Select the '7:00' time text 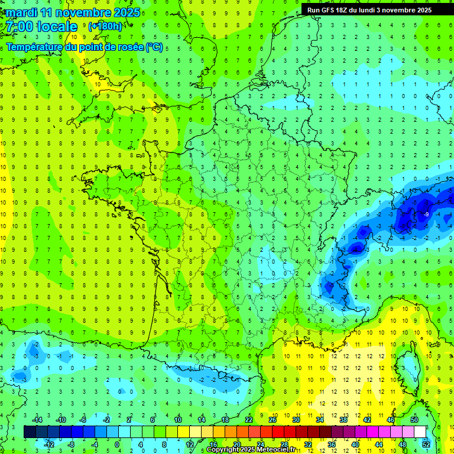click(x=19, y=27)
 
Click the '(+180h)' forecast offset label click(x=105, y=27)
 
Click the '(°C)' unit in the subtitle click(x=154, y=47)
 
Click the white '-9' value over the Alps click(x=426, y=214)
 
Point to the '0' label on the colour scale click(x=117, y=444)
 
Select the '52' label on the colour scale click(x=426, y=444)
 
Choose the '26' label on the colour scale click(x=273, y=419)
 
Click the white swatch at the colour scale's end click(x=420, y=432)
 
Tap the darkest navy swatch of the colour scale click(x=30, y=432)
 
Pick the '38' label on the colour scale click(x=343, y=419)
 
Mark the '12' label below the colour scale click(x=189, y=444)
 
